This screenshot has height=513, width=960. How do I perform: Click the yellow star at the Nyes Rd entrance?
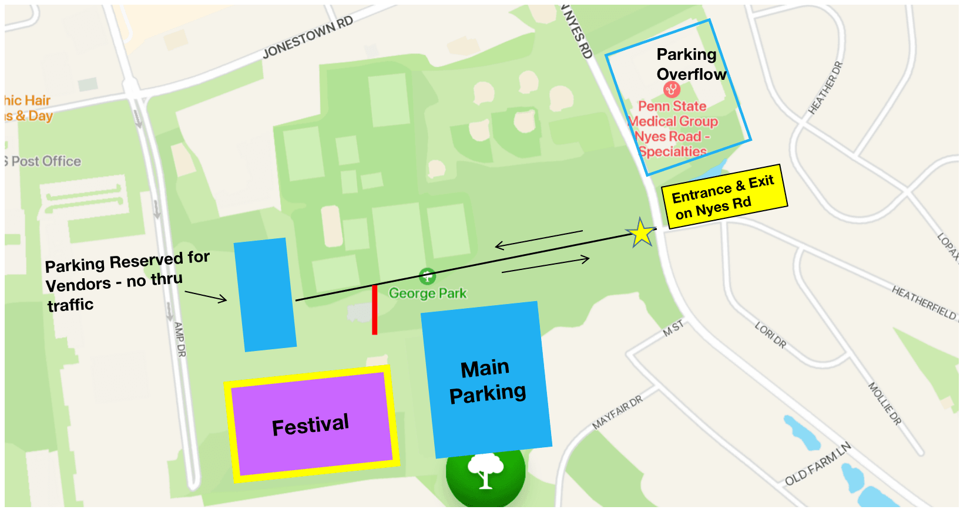coord(641,234)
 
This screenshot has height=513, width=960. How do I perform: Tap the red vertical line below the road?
coord(374,309)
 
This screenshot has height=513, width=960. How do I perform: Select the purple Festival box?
coord(311,424)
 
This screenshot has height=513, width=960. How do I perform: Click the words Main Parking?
coord(486,381)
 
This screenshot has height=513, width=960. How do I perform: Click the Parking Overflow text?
coord(690,64)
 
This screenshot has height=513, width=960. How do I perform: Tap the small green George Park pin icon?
coord(427,275)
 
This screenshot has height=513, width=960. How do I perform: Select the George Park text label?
coord(428,293)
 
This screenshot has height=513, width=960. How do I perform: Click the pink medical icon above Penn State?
coord(672,89)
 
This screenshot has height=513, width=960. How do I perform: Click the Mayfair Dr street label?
coord(617,412)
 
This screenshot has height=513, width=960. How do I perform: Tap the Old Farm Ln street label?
coord(818,464)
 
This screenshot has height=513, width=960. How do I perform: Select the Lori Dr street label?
coord(770,335)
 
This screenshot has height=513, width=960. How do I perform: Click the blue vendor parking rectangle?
coord(264,295)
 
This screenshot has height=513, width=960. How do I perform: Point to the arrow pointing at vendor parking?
coord(206,296)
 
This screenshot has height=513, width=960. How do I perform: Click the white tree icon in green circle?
coord(485,470)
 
